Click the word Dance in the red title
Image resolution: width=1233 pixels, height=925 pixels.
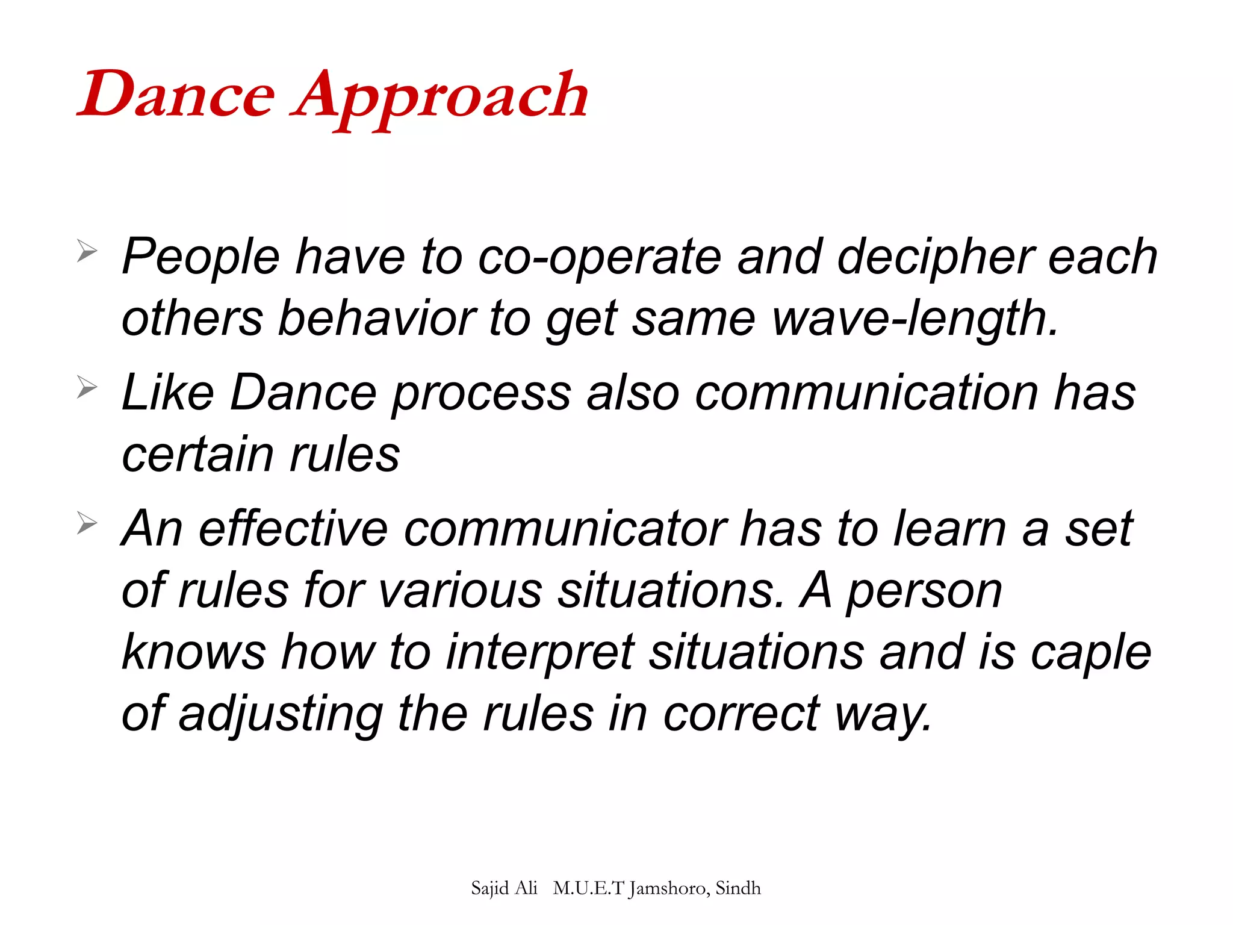point(176,95)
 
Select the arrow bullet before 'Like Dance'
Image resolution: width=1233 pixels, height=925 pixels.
point(87,387)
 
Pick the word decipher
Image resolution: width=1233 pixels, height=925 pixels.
point(935,258)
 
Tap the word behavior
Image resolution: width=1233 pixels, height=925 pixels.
point(376,319)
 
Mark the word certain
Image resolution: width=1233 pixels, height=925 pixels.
point(197,455)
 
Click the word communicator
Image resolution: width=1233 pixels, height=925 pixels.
point(565,529)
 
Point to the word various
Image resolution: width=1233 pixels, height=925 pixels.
point(460,591)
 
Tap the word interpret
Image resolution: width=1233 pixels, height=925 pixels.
point(540,653)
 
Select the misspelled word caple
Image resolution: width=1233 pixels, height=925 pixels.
point(1091,653)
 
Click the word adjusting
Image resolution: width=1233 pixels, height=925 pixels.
point(281,715)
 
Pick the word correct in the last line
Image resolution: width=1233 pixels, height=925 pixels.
point(741,715)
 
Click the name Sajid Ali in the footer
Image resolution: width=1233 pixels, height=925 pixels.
point(504,888)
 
